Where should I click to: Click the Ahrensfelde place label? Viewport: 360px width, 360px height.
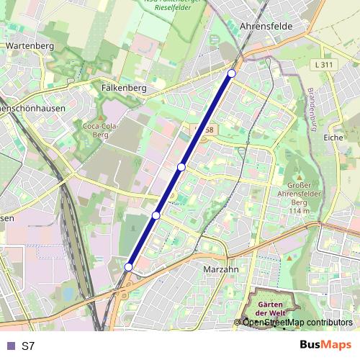click(261, 26)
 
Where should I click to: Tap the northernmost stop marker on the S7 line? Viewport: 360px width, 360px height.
click(231, 73)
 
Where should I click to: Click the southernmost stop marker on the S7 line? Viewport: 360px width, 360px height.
click(128, 267)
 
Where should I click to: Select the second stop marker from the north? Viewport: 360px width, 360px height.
click(181, 167)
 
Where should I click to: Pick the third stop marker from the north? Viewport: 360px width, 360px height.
click(156, 215)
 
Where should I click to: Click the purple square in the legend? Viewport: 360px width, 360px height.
click(9, 346)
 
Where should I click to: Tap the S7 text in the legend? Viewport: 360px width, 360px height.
click(28, 346)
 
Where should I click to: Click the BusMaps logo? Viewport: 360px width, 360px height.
click(325, 345)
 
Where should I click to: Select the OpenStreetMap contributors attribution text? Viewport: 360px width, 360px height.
click(297, 323)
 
